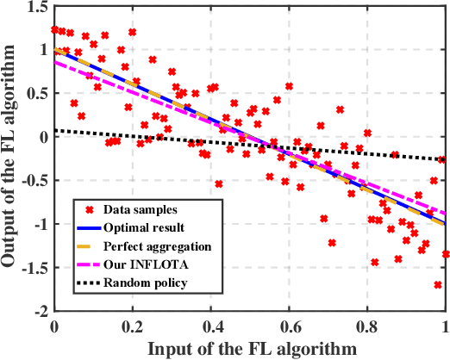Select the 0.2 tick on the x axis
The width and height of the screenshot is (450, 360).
[133, 327]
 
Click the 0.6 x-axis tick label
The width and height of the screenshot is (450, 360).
[289, 327]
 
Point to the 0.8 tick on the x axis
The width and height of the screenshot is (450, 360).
[367, 327]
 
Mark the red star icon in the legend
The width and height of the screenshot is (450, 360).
[84, 209]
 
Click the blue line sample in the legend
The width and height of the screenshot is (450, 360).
[84, 228]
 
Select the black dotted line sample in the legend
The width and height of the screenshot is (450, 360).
[84, 284]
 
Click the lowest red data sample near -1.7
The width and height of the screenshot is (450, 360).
[438, 284]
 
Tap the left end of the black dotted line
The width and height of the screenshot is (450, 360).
[55, 130]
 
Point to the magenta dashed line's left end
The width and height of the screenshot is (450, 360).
[55, 61]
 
